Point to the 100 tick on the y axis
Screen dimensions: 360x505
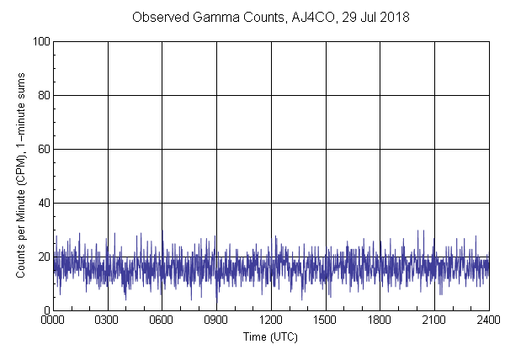[x=40, y=41]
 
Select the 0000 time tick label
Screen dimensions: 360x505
[x=53, y=320]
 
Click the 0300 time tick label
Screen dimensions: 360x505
[x=108, y=320]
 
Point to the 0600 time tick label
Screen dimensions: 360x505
[x=162, y=320]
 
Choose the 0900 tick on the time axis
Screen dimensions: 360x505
[x=216, y=320]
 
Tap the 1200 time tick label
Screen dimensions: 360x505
[x=271, y=320]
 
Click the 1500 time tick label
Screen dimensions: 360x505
[x=326, y=320]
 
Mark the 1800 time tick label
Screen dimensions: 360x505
[x=380, y=320]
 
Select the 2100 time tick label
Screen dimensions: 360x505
[x=434, y=320]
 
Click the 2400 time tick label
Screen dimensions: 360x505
[x=488, y=320]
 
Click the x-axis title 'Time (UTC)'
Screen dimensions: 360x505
[x=270, y=336]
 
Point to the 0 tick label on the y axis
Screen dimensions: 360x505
[x=45, y=310]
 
